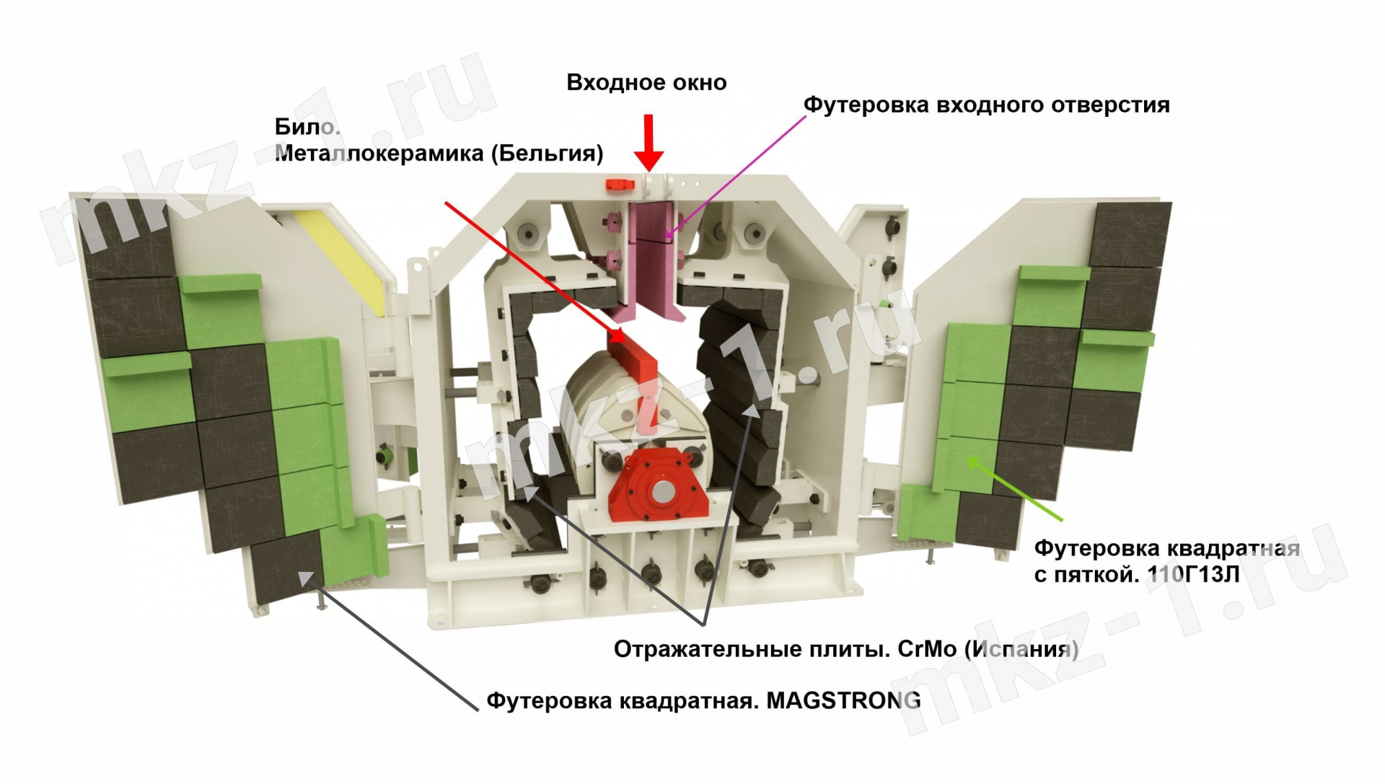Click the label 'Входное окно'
[646, 83]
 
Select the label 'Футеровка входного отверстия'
[986, 105]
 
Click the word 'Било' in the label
[306, 127]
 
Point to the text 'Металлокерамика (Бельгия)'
[439, 154]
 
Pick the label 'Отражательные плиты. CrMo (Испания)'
[845, 649]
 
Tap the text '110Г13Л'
[1192, 575]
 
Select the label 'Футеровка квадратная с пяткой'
[1166, 561]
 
